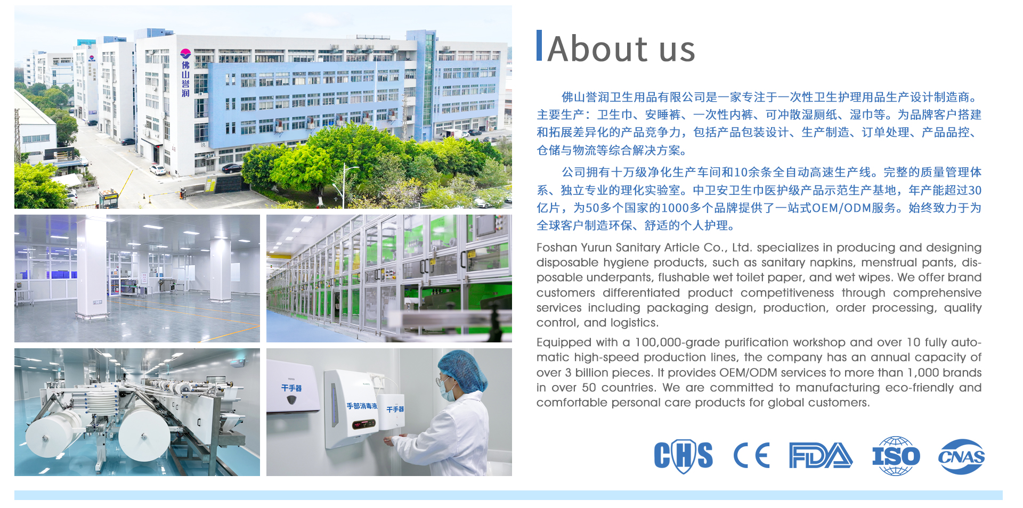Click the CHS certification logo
[x=683, y=456]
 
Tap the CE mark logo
[x=751, y=456]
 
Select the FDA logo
[x=821, y=456]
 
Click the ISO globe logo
[x=896, y=456]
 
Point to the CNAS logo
[x=961, y=456]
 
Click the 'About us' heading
[x=621, y=48]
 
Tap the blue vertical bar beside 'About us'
[x=539, y=45]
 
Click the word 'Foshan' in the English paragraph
[x=557, y=248]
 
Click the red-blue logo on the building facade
[x=185, y=53]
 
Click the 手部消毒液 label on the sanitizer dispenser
[x=362, y=406]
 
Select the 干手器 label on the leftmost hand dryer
[x=291, y=388]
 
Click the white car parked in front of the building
[x=158, y=170]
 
